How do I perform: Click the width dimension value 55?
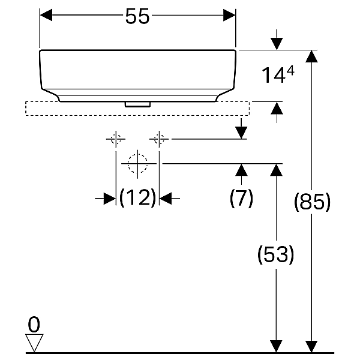click(x=137, y=16)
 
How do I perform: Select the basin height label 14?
click(x=274, y=75)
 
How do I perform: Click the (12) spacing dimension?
click(x=138, y=198)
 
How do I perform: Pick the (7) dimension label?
click(x=241, y=198)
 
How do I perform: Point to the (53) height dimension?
click(x=275, y=254)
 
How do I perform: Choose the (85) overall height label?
click(x=312, y=202)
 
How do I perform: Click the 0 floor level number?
click(x=34, y=325)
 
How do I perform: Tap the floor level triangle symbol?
click(x=34, y=343)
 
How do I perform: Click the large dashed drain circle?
click(x=137, y=154)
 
